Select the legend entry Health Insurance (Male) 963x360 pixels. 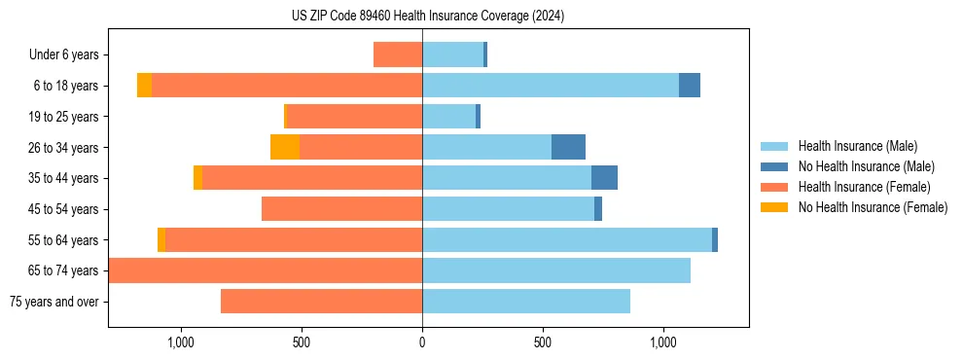(x=857, y=146)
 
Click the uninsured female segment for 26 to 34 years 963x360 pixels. (x=285, y=147)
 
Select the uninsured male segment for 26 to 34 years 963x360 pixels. (x=568, y=147)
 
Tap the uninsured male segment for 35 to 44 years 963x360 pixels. (x=604, y=178)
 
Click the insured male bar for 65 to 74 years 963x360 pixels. (x=556, y=270)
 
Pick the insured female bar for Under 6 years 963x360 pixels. (x=398, y=54)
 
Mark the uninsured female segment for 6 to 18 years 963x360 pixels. (x=144, y=86)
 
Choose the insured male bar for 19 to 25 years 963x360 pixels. (x=448, y=117)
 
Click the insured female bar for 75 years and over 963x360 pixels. (x=321, y=302)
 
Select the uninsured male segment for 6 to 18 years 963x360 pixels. (x=690, y=86)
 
